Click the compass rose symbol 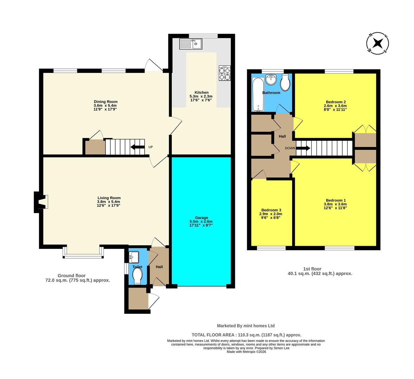pyautogui.click(x=377, y=44)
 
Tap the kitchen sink pyautogui.click(x=190, y=44)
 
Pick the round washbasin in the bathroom pyautogui.click(x=271, y=80)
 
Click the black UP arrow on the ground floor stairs pyautogui.click(x=137, y=147)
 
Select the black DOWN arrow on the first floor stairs pyautogui.click(x=303, y=148)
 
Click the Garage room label pyautogui.click(x=201, y=217)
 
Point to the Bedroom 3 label pyautogui.click(x=270, y=210)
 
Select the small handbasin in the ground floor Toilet pyautogui.click(x=134, y=257)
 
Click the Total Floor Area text pyautogui.click(x=246, y=335)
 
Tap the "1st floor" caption pyautogui.click(x=319, y=269)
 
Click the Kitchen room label pyautogui.click(x=201, y=93)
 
